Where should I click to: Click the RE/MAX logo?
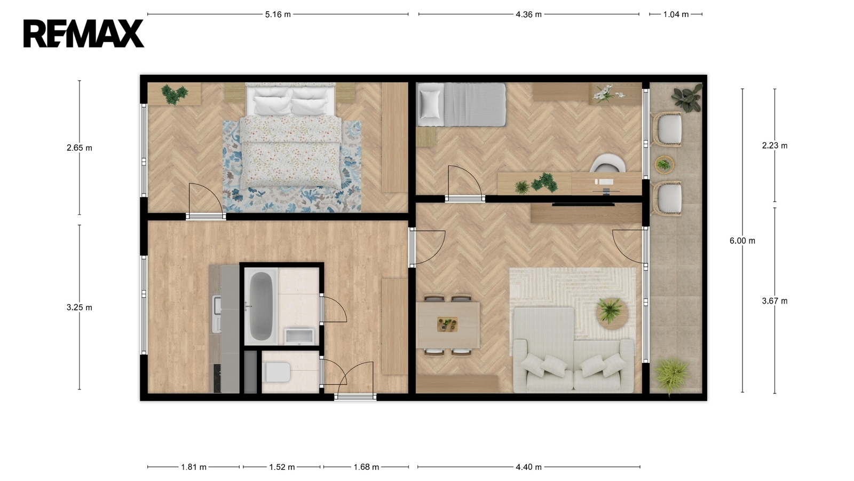[x=83, y=34]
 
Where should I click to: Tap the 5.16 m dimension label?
[x=278, y=14]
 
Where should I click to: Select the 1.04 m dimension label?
[x=676, y=14]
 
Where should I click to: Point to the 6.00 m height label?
[x=742, y=241]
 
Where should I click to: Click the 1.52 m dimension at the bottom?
[x=282, y=467]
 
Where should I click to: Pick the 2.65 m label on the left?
[x=80, y=148]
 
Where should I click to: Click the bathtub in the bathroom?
[x=261, y=305]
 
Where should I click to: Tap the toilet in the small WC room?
[x=276, y=372]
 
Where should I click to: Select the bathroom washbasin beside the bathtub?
[x=299, y=336]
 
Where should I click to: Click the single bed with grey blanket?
[x=461, y=105]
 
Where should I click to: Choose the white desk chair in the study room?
[x=608, y=163]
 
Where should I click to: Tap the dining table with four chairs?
[x=448, y=325]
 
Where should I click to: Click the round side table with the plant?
[x=612, y=314]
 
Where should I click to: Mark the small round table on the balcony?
[x=665, y=165]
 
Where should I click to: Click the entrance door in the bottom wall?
[x=355, y=397]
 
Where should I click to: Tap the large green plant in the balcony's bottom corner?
[x=672, y=374]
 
